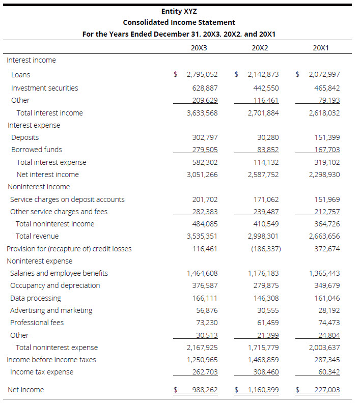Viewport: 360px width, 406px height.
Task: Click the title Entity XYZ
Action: pos(179,11)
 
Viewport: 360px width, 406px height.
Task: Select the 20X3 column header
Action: pos(199,48)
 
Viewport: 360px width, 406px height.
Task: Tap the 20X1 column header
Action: pos(321,48)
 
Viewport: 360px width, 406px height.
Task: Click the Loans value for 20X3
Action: pos(202,75)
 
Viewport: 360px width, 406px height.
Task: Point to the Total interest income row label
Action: pos(49,113)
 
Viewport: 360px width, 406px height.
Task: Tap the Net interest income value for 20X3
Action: pos(202,175)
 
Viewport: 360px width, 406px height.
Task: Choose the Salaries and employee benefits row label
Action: pos(59,273)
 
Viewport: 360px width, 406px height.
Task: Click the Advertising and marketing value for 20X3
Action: pos(207,310)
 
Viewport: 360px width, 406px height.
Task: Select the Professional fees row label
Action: pos(37,323)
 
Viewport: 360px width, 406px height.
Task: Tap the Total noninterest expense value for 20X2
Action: pos(263,347)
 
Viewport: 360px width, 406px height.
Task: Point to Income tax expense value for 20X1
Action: pos(329,372)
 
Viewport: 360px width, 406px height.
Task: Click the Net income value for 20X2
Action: pos(263,390)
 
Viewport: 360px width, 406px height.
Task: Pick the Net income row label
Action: pos(25,390)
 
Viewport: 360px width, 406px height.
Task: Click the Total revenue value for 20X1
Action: pos(324,236)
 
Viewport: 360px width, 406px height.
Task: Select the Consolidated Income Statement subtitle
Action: pos(179,22)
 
